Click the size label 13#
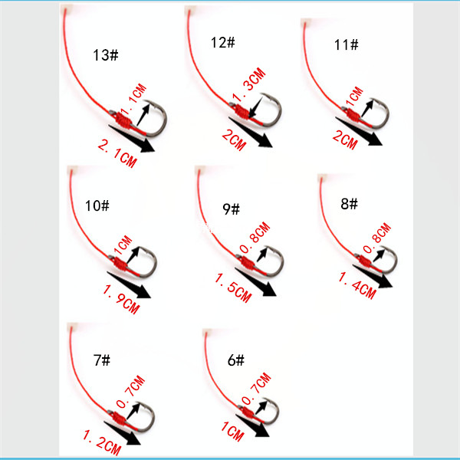[106, 55]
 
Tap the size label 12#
[223, 42]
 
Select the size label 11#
[347, 45]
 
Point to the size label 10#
[97, 205]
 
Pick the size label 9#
[232, 209]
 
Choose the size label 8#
[349, 204]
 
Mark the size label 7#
[102, 360]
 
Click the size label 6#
[236, 360]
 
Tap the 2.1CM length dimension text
[117, 154]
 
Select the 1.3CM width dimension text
[248, 85]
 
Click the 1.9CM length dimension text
[121, 300]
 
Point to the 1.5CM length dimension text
[233, 287]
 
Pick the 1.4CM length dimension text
[357, 285]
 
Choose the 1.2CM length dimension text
[102, 442]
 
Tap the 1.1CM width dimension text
[133, 99]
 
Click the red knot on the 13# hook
[123, 120]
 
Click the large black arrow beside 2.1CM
[131, 138]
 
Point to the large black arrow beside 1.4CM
[373, 276]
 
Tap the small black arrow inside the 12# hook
[256, 107]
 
